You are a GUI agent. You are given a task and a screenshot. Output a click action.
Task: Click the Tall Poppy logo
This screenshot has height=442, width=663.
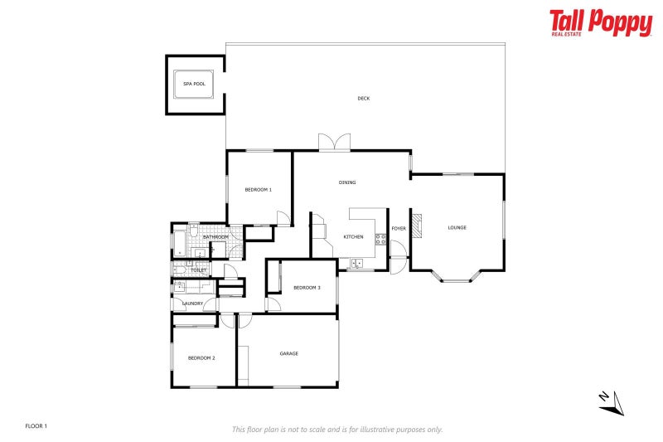pos(601,23)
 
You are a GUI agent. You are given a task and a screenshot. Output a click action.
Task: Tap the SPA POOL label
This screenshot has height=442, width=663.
pos(194,84)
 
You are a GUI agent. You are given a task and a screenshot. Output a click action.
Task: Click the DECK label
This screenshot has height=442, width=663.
pos(363,99)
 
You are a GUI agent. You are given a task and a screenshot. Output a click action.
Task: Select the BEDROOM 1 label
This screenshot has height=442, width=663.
pos(258,191)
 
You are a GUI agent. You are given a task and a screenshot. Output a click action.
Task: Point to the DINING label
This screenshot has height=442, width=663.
pos(347,182)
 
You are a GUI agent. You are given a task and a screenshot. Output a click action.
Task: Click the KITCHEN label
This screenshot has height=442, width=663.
pos(354,237)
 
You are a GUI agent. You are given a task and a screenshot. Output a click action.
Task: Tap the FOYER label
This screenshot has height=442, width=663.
pos(399,228)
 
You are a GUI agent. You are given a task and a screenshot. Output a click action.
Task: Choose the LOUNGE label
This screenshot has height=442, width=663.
pos(457,228)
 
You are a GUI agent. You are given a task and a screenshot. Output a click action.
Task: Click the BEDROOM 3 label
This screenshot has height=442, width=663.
pos(307,288)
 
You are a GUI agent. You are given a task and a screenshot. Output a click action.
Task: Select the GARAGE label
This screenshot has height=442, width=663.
pos(288,354)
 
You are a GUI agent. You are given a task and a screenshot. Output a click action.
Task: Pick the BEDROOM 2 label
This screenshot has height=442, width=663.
pos(201,358)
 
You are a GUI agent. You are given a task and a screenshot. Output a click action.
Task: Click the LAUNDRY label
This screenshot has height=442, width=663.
pos(193,304)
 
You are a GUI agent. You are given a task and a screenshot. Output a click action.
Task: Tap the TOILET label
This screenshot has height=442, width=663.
pos(199,270)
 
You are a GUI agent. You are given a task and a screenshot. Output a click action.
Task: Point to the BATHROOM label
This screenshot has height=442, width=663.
pos(215,237)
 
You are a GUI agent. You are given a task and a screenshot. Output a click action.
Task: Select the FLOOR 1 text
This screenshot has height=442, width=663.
pos(36,426)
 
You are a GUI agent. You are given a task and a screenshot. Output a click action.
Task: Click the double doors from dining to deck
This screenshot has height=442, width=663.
pos(335,143)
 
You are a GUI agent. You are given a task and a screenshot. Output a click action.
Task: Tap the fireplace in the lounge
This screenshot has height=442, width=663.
pos(419,226)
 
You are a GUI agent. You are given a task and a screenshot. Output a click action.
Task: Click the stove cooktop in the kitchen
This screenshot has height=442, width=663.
pos(380,239)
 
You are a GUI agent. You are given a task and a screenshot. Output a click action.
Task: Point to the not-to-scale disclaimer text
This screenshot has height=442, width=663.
pos(337,430)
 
